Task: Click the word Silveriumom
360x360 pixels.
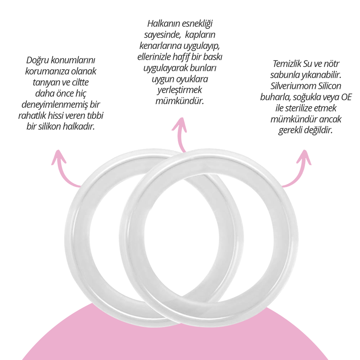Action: [291, 86]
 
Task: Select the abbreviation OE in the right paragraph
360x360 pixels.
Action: [346, 97]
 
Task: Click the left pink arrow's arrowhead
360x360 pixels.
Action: [59, 157]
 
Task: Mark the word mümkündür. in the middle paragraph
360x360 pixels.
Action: [180, 101]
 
